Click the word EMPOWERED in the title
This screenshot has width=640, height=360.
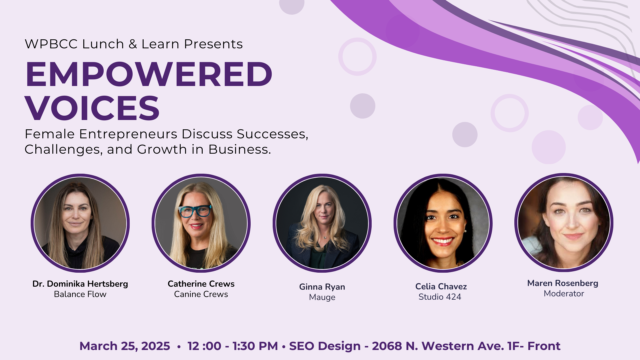149,74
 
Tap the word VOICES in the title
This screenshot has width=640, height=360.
92,108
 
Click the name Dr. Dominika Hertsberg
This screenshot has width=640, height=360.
80,284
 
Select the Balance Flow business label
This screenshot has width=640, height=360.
80,294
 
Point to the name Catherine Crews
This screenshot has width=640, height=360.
201,284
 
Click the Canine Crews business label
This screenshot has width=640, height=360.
201,294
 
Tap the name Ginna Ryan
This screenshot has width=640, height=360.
322,287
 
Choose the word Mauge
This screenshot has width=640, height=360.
322,297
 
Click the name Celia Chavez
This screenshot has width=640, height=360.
441,286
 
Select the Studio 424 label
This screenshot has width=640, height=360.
440,297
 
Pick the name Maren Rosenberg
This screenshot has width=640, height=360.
563,283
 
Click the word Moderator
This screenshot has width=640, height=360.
564,293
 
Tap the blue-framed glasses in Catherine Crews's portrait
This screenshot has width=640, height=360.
195,211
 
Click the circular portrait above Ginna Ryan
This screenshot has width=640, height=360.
322,223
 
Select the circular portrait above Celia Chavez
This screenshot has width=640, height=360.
443,223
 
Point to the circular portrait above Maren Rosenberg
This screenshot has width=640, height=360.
564,222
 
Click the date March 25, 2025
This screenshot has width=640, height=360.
125,346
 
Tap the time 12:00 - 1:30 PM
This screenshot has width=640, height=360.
233,346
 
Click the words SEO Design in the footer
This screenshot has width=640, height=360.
325,346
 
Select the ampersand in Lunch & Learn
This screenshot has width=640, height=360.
133,44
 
